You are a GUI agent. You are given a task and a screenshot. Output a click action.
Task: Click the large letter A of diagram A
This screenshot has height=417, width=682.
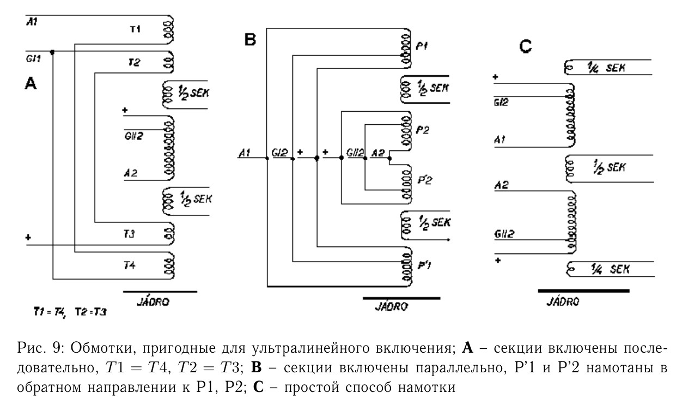click(x=31, y=83)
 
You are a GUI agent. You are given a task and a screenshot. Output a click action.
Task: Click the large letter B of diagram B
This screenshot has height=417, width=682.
click(x=250, y=40)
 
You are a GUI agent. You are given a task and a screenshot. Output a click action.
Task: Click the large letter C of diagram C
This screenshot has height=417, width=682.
click(x=525, y=46)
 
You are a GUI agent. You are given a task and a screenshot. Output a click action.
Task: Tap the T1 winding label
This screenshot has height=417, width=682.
click(x=135, y=29)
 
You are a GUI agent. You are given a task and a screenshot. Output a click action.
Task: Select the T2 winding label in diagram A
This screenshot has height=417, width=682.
click(x=134, y=63)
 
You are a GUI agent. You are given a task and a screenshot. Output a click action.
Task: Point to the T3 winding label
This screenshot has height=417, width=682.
click(x=129, y=234)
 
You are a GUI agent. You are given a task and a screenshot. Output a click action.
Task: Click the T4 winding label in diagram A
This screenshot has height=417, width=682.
click(x=130, y=265)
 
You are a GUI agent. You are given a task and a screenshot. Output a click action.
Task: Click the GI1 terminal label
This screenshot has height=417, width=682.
click(x=33, y=58)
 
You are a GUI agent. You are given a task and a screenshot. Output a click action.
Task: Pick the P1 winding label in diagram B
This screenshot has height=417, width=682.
click(x=422, y=46)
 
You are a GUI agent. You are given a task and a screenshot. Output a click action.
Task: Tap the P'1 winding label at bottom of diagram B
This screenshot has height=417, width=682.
click(x=424, y=265)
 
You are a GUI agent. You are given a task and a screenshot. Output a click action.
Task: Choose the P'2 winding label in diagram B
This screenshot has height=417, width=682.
click(x=425, y=180)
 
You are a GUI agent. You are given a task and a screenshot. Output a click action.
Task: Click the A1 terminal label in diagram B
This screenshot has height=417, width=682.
click(x=245, y=153)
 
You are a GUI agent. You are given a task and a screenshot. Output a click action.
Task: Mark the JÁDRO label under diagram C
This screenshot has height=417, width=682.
click(x=563, y=301)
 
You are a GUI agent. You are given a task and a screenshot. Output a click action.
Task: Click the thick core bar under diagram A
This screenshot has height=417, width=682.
click(x=160, y=292)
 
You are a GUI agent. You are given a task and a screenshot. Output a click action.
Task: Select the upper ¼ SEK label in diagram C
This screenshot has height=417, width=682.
click(x=606, y=68)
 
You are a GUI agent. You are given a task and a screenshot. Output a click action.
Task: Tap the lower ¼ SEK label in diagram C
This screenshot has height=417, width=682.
click(x=610, y=269)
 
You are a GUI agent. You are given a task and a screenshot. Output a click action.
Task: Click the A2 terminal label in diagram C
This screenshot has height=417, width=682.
click(x=501, y=185)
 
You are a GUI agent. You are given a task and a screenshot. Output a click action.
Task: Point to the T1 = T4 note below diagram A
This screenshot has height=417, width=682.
click(x=50, y=312)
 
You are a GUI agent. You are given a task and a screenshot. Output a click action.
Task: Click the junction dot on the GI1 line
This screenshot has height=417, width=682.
click(x=52, y=52)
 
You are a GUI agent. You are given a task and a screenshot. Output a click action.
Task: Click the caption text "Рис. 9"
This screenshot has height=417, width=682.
click(x=40, y=348)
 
